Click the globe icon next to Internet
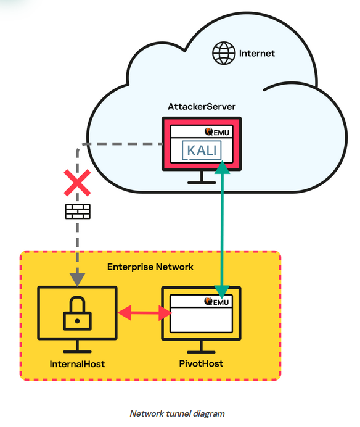point(223,53)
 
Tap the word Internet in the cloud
point(256,54)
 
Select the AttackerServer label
point(202,107)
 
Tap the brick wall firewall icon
point(77,211)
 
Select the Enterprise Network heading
point(150,267)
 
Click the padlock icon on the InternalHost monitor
point(77,314)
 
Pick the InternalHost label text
point(77,364)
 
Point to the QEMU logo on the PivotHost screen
point(217,301)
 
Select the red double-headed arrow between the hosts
point(144,313)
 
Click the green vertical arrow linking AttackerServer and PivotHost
point(222,228)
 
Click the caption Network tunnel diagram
point(177,413)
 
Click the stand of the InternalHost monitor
point(77,347)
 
